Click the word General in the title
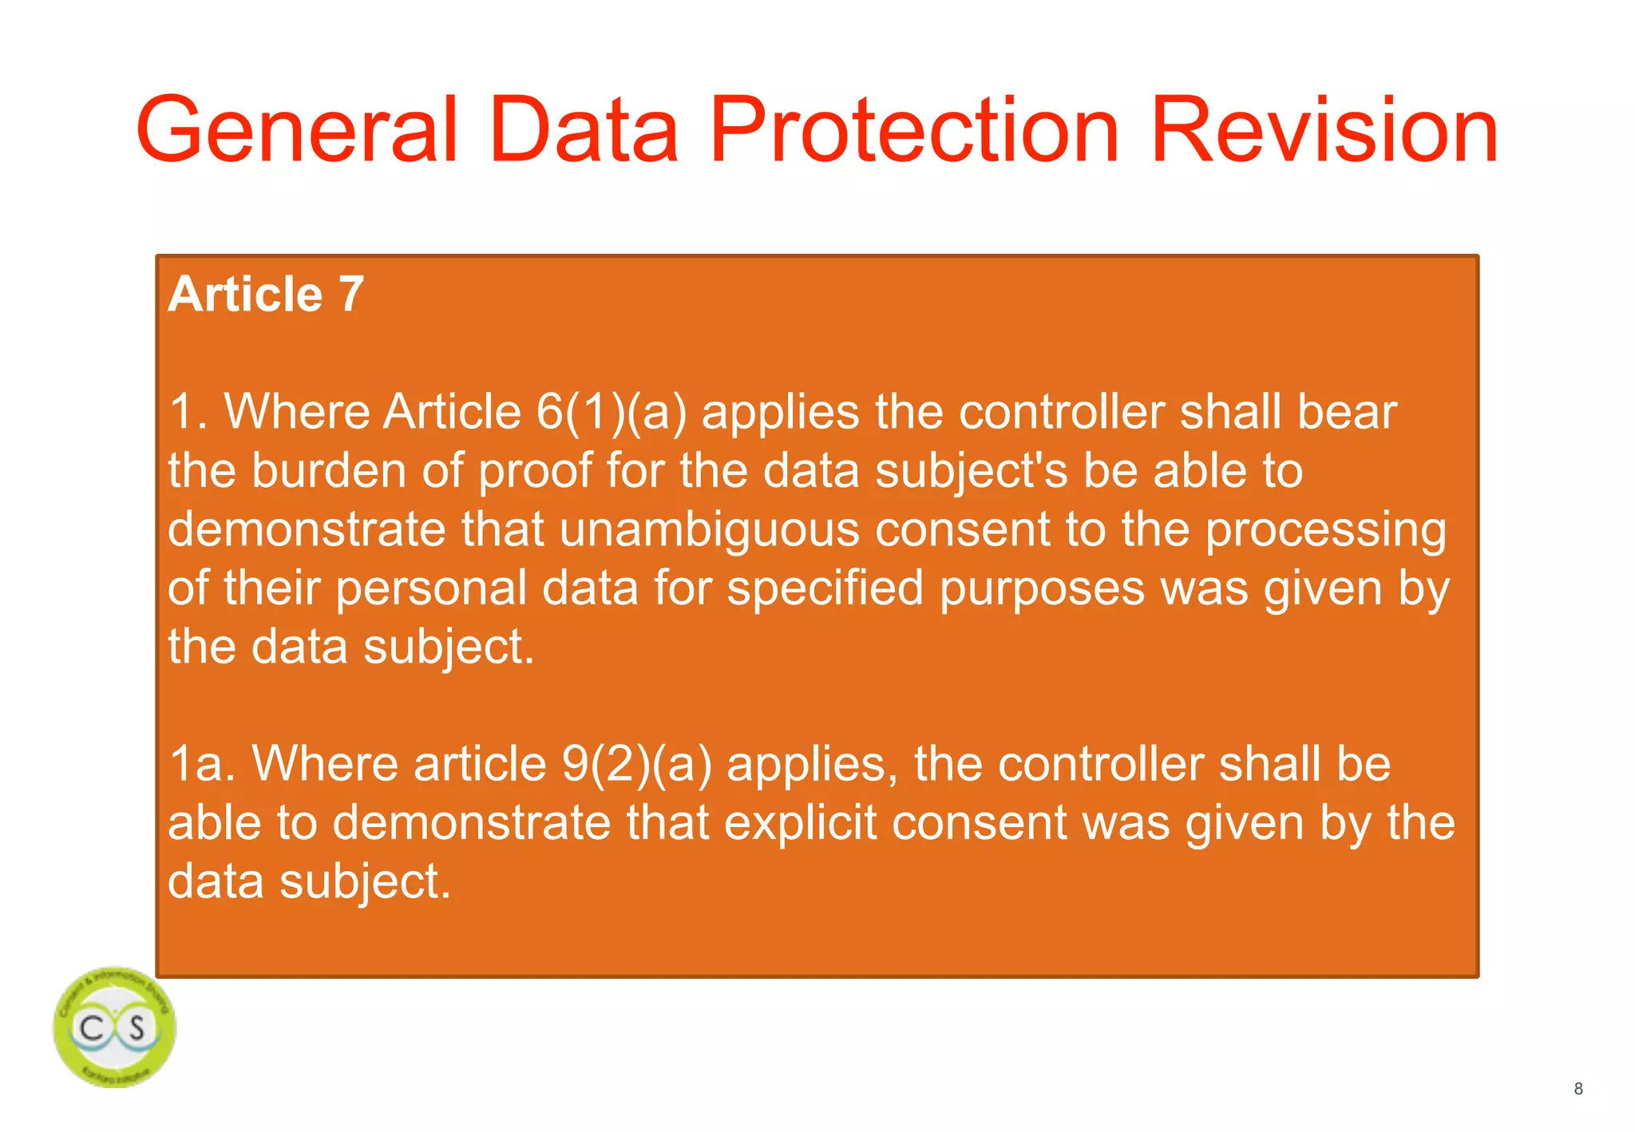tap(297, 129)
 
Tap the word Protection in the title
tap(915, 129)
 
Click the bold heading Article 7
tap(266, 294)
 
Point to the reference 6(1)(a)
tap(611, 412)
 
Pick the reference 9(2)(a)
tap(636, 764)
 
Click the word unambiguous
tap(709, 529)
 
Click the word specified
tap(825, 589)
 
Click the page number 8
tap(1578, 1089)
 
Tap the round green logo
tap(115, 1027)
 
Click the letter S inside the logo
tap(137, 1027)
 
